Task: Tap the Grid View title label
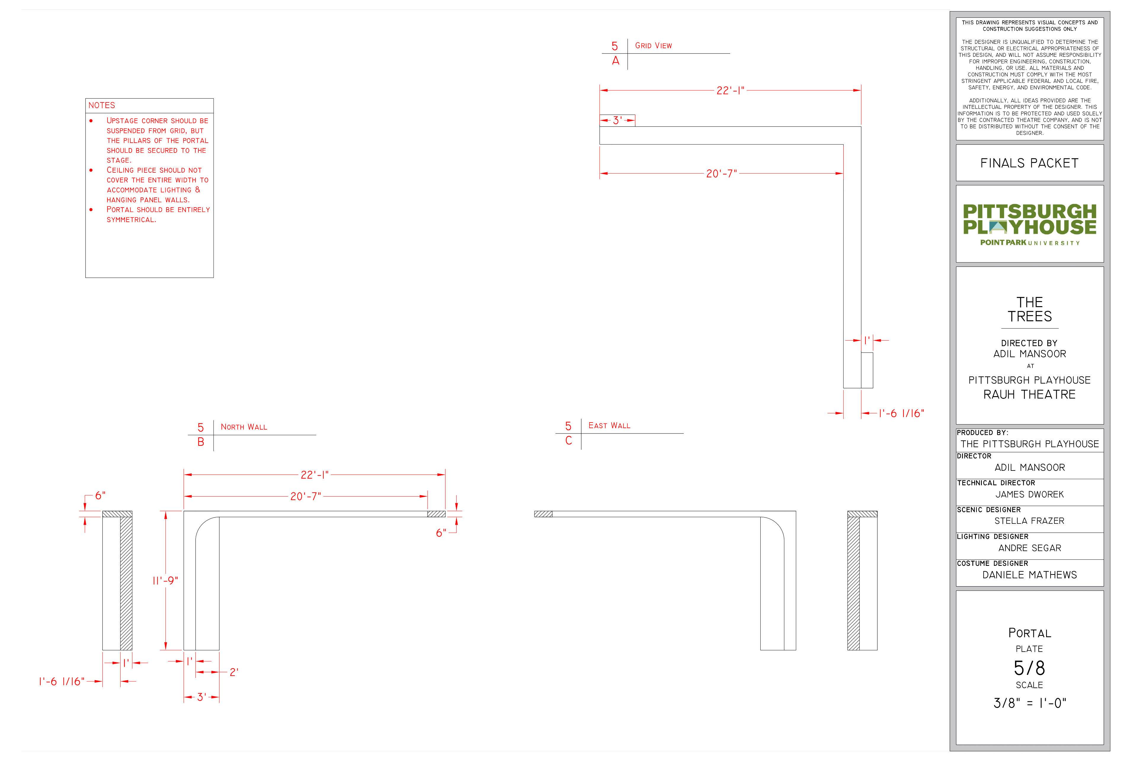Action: pos(653,45)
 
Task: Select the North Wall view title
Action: pos(244,427)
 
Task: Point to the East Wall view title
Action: pos(609,425)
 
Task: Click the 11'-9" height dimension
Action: pos(165,580)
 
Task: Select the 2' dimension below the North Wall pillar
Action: pos(234,672)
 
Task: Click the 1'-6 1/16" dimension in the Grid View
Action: pos(901,413)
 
